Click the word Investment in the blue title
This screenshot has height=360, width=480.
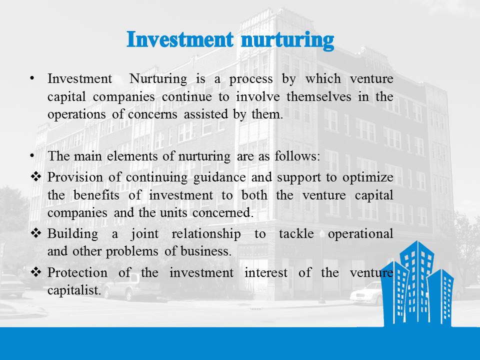click(180, 40)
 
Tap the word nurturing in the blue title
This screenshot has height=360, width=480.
click(287, 41)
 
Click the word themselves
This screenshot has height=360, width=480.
click(318, 96)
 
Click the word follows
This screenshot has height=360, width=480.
click(297, 156)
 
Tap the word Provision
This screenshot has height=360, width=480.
click(75, 177)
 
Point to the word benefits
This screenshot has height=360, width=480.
click(96, 195)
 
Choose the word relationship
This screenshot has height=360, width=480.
click(206, 234)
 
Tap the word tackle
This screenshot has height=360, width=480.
click(296, 233)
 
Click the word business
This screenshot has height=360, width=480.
click(205, 251)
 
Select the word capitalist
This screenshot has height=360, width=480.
click(74, 290)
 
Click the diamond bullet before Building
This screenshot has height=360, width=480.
click(36, 233)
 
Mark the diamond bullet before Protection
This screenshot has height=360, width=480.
click(36, 272)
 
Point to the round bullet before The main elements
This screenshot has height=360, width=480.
click(32, 156)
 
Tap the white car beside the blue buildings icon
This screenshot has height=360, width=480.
click(366, 293)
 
